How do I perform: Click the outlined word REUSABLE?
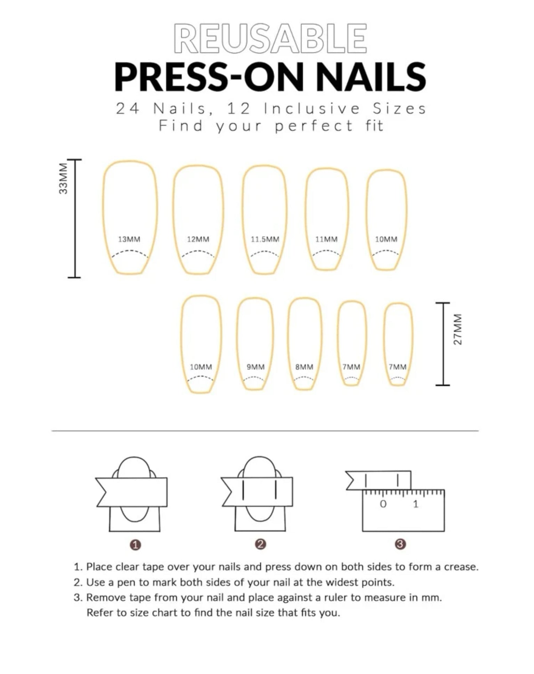pos(270,39)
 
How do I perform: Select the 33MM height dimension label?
pos(63,178)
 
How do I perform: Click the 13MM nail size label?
pos(129,239)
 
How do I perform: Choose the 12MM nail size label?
pos(198,239)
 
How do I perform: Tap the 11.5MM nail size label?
pos(265,239)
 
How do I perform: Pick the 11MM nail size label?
pos(326,239)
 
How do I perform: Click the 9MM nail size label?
pos(256,367)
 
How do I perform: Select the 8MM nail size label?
pos(304,367)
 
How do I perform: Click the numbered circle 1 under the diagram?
pos(136,545)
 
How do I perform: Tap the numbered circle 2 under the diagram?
pos(260,544)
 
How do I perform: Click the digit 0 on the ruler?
pos(383,504)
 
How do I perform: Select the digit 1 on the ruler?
pos(416,504)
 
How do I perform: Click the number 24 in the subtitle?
pos(128,109)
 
